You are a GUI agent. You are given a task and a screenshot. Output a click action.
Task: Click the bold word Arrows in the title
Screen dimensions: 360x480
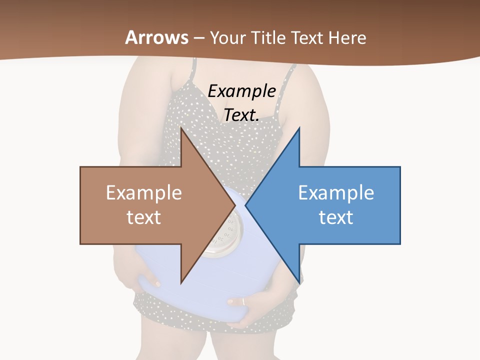[x=157, y=37]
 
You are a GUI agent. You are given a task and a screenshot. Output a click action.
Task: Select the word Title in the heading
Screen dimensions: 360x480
[x=271, y=38]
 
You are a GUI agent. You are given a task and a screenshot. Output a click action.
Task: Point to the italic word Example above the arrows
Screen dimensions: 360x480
[x=241, y=91]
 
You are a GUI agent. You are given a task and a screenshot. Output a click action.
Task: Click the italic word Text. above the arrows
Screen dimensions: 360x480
[x=241, y=115]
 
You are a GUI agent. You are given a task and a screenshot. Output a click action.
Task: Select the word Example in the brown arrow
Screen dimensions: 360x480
[x=144, y=193]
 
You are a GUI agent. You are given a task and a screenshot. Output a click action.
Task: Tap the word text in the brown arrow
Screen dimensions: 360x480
[x=144, y=217]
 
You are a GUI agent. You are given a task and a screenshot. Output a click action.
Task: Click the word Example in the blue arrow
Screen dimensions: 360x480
[x=336, y=193]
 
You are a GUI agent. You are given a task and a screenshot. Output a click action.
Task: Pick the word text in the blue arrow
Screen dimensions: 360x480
[x=336, y=217]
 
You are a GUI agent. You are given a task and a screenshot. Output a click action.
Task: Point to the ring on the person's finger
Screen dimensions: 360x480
[x=243, y=301]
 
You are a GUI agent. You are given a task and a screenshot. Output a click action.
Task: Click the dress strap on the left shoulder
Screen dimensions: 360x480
[x=191, y=70]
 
